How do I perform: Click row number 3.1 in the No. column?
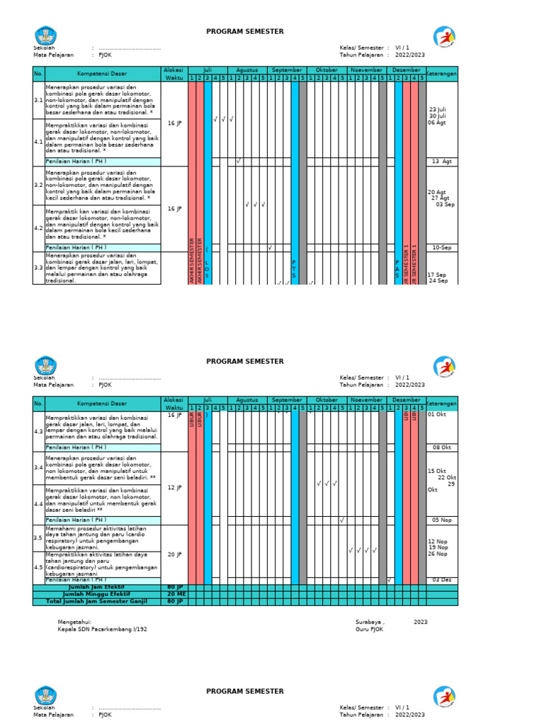pos(38,101)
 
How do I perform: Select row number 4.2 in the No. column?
pos(38,228)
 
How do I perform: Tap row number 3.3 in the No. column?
pos(38,268)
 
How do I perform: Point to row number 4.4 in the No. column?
pos(38,503)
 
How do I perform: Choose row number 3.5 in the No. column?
pos(38,537)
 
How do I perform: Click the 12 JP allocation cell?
pos(174,488)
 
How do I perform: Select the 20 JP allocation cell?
pos(174,554)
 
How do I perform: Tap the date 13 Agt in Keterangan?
pos(441,161)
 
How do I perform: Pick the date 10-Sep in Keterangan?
pos(442,248)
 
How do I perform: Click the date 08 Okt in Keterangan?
pos(442,447)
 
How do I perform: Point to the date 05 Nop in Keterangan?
pos(442,520)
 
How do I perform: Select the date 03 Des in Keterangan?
pos(442,580)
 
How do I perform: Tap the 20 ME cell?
pos(174,594)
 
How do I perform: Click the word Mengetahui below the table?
pos(74,622)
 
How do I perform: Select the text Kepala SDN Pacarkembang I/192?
pos(103,629)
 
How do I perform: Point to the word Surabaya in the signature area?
pos(370,622)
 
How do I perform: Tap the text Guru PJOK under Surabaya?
pos(369,629)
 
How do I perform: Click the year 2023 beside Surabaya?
pos(421,622)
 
